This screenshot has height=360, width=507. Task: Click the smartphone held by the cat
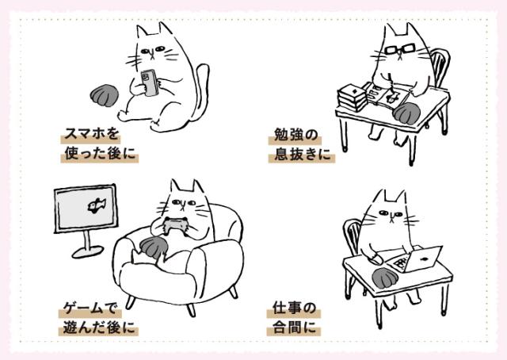(x=149, y=82)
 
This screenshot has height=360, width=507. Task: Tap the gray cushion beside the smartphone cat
(x=104, y=95)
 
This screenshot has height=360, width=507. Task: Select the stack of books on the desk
(x=352, y=98)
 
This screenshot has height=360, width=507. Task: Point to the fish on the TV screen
(x=97, y=205)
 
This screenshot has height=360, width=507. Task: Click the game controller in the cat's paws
(x=176, y=226)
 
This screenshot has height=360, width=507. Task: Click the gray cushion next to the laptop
(x=386, y=278)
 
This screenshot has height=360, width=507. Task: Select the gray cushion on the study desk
(x=407, y=113)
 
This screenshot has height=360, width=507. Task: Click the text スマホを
(x=92, y=134)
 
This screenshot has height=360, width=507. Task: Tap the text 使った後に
(x=100, y=153)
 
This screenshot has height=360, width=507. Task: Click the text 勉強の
(x=295, y=135)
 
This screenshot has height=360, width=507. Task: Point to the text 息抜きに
(x=303, y=154)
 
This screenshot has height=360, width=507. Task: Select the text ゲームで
(x=90, y=308)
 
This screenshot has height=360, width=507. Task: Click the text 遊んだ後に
(x=98, y=327)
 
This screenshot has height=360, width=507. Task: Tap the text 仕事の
(x=294, y=308)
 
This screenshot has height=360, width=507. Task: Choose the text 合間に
(x=294, y=327)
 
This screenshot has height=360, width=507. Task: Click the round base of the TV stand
(x=88, y=251)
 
